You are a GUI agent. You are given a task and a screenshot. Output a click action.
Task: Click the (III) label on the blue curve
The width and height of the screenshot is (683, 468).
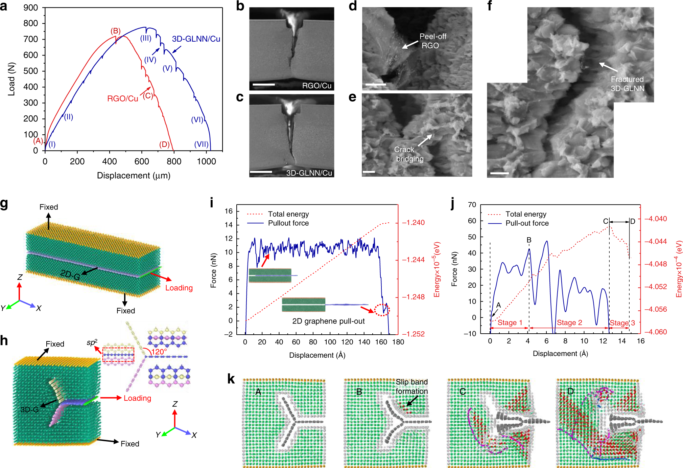point(146,38)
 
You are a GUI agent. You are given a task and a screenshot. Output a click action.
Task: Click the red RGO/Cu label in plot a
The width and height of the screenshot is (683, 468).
point(122,98)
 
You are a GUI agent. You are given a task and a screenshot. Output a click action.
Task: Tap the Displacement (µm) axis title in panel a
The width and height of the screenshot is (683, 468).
point(134,175)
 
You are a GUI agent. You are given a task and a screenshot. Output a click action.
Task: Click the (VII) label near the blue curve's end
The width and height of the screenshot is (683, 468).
point(201,144)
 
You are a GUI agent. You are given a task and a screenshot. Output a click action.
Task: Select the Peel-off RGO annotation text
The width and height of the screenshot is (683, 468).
point(432,41)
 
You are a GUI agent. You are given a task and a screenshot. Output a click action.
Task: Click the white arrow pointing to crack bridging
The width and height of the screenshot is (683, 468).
point(425,140)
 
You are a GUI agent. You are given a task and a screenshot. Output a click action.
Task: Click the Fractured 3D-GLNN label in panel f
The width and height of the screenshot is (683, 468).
point(627,84)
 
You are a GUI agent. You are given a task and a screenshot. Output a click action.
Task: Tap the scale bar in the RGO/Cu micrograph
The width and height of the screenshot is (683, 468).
point(263,84)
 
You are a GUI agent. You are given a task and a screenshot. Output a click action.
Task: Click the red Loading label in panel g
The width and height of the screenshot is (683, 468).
point(179,288)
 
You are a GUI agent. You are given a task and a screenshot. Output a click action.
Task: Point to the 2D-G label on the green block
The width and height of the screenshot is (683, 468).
point(70,275)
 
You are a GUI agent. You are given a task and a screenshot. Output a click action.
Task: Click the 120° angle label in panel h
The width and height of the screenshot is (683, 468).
point(159,352)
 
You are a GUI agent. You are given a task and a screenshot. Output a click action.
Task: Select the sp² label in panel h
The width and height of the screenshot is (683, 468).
point(92,342)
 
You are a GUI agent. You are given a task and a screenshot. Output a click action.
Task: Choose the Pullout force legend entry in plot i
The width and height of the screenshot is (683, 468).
point(288,223)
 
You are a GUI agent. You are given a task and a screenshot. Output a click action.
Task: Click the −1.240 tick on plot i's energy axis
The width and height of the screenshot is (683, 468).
point(413,223)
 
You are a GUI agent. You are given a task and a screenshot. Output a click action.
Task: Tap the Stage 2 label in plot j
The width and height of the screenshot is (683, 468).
point(569,322)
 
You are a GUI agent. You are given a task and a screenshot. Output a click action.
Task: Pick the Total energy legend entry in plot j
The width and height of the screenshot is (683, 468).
point(526,214)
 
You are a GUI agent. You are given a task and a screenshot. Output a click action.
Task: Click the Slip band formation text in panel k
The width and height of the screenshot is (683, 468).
point(411,386)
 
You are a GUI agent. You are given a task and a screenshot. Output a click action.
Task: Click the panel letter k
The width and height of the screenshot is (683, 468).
point(231,379)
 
